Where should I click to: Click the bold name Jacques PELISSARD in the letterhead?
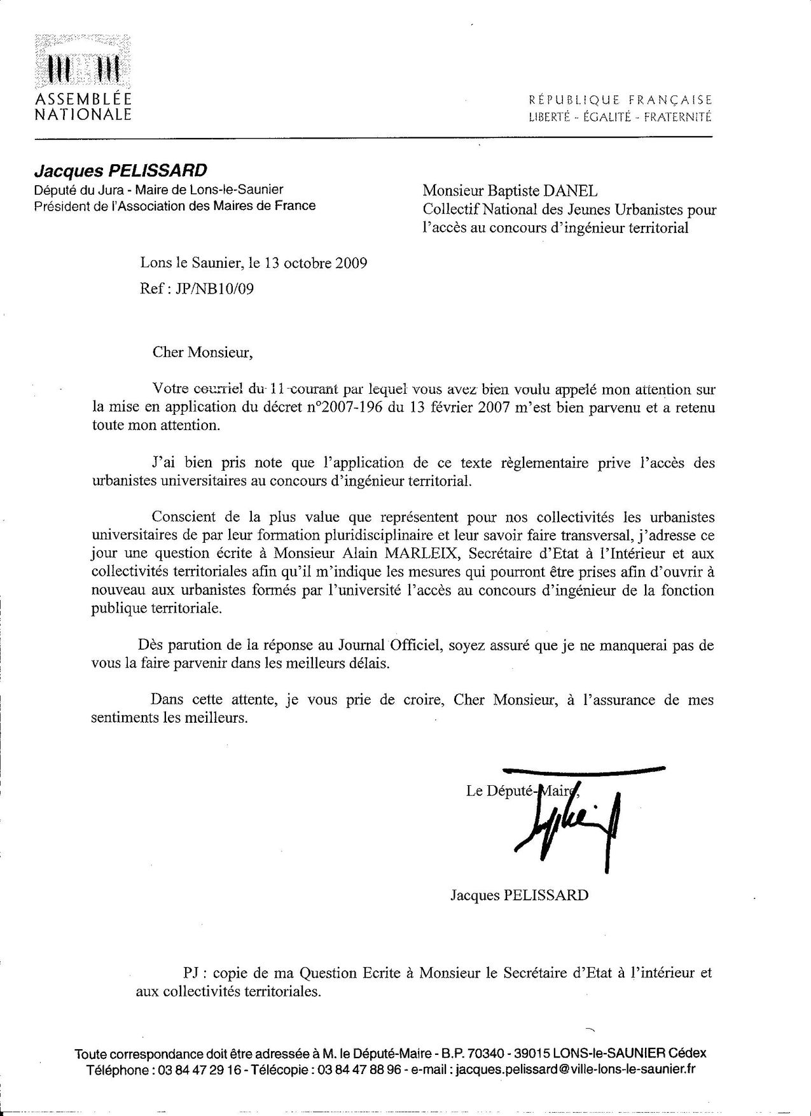(x=120, y=171)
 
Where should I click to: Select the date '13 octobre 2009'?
(x=321, y=263)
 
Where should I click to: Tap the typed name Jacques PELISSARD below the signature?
(x=520, y=895)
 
